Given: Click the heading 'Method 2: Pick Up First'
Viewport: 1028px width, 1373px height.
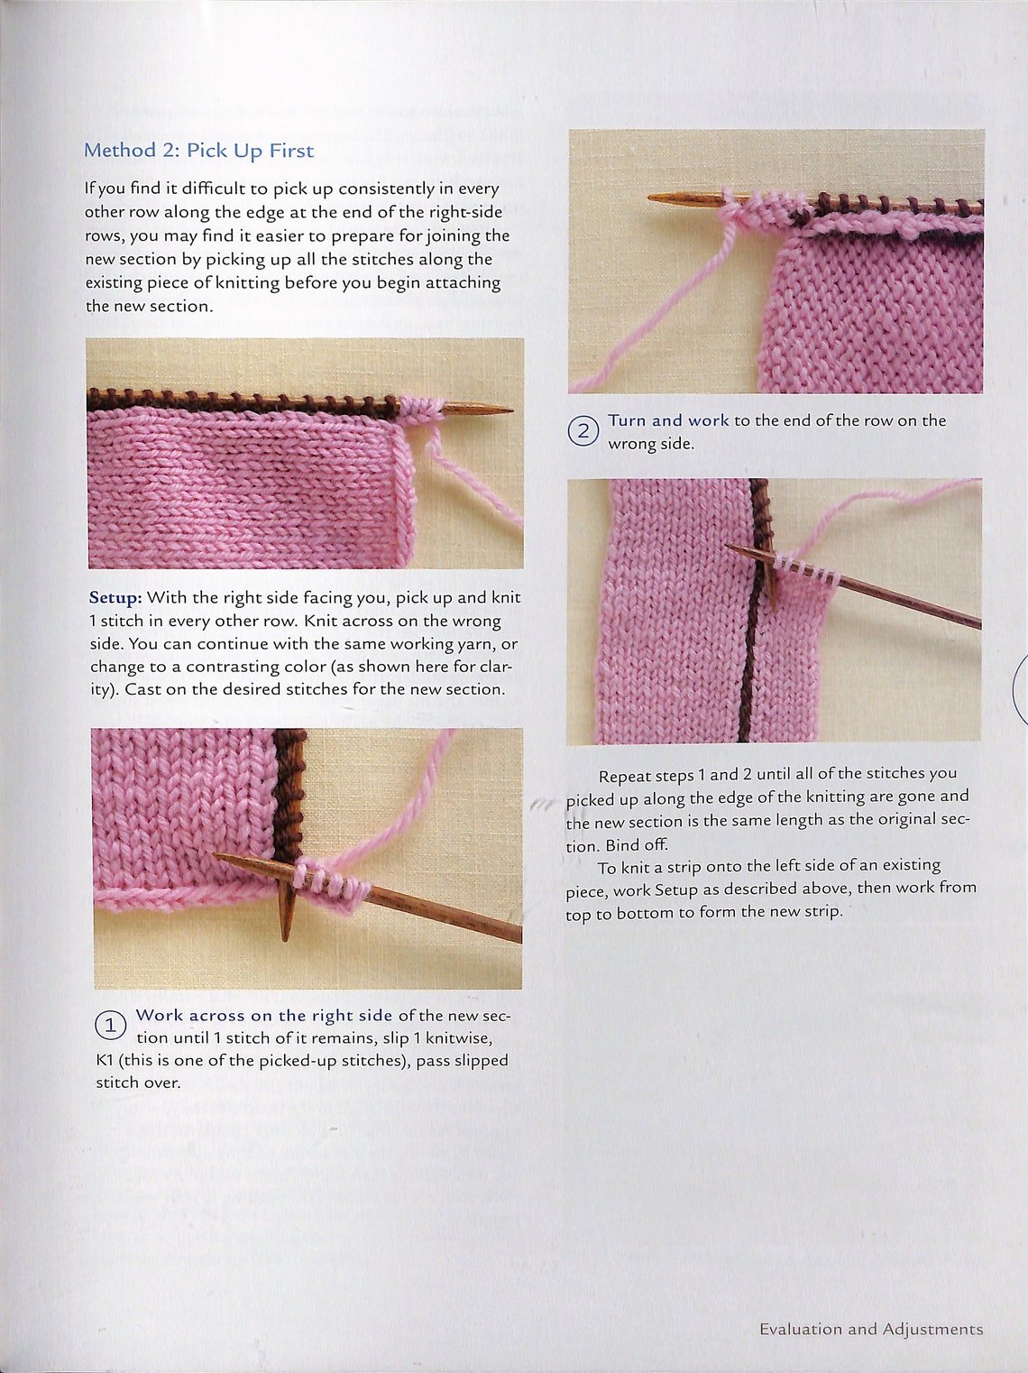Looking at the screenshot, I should [198, 150].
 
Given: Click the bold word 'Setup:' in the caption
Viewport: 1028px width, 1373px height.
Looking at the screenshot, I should [115, 597].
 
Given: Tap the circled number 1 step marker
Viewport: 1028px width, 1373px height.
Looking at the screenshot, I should [110, 1025].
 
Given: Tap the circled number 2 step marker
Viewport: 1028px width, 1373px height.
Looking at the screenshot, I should [583, 431].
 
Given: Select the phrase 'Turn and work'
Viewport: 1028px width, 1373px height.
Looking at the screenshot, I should [667, 420].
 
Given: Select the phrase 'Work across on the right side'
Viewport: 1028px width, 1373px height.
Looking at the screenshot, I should [263, 1015].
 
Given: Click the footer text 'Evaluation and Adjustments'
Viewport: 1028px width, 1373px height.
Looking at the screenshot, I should [870, 1329].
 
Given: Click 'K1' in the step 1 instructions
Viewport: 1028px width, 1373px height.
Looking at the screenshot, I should [105, 1061].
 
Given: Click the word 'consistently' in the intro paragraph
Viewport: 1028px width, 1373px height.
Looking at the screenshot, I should [386, 189].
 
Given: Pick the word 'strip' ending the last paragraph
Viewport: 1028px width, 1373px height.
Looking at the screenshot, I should [821, 911].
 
